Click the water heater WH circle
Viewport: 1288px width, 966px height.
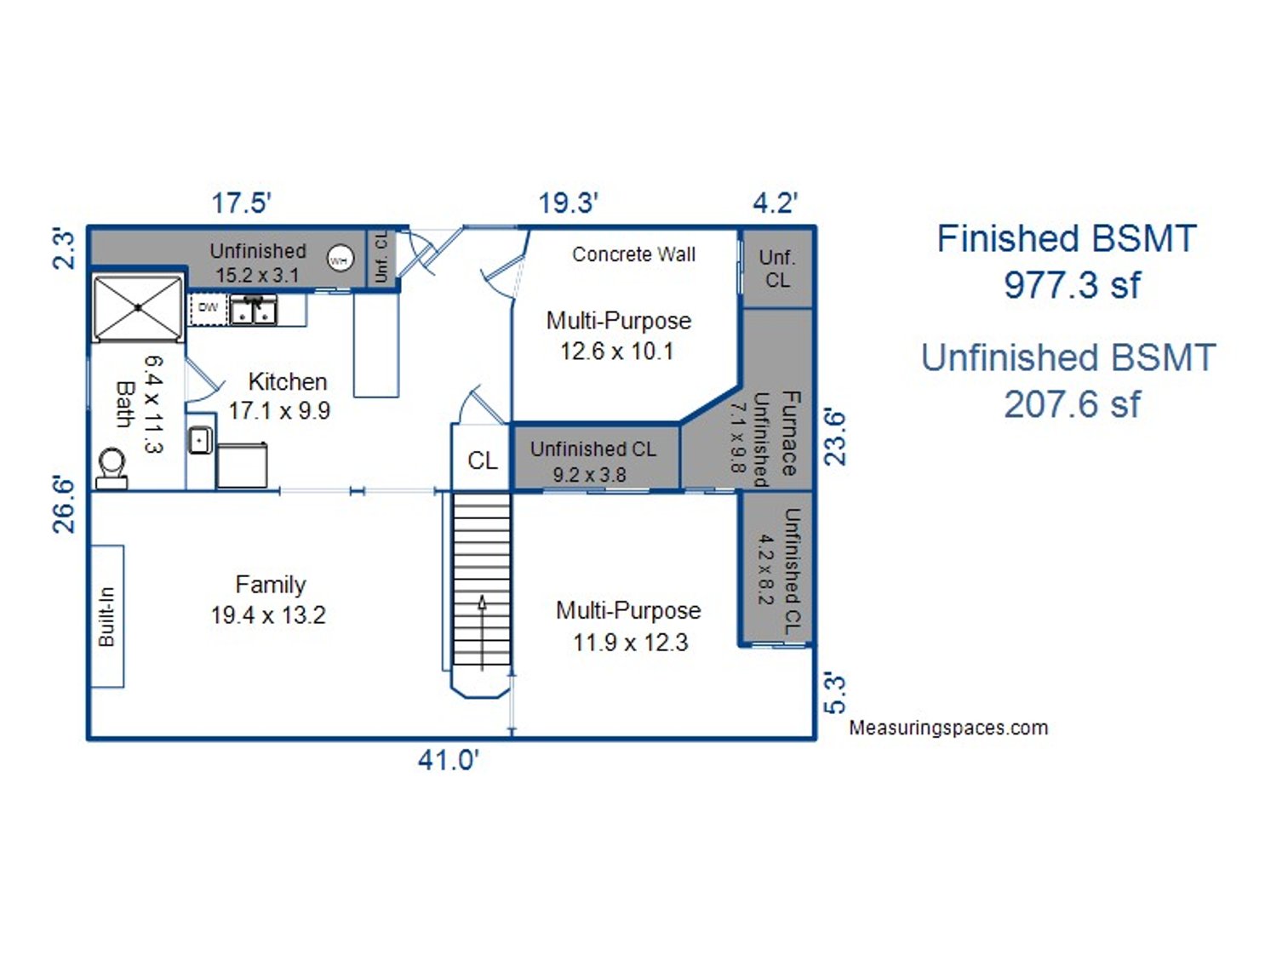340,260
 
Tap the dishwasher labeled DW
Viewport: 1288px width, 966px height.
209,309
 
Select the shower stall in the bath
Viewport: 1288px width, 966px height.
138,308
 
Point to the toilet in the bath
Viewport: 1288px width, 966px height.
112,469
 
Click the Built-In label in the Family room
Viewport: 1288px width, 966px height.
106,616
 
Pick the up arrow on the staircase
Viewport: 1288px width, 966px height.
482,633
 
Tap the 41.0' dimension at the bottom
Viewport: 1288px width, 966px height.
449,760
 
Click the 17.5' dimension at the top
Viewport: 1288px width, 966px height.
241,203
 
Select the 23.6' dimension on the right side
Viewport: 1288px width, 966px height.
835,438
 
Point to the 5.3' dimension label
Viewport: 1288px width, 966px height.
835,695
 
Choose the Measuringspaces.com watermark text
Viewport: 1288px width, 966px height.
948,728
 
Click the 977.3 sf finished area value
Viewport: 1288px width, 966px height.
1072,285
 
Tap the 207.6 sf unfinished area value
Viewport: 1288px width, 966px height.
1072,404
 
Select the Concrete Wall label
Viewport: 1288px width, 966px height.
633,254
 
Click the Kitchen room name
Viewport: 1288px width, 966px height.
288,382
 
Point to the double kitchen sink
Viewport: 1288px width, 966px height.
253,310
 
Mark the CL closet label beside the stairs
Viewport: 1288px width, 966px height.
483,460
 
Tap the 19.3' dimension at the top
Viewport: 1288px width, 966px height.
568,203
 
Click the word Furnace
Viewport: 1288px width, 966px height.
790,433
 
